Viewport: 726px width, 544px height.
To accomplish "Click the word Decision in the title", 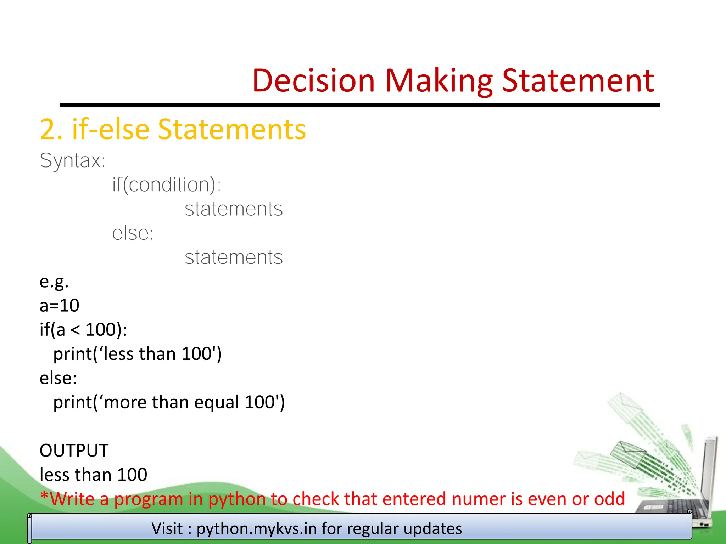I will [x=313, y=81].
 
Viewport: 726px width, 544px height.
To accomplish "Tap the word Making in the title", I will [x=439, y=81].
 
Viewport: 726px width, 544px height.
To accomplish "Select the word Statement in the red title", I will [x=578, y=81].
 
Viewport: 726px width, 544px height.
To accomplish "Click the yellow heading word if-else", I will [x=111, y=129].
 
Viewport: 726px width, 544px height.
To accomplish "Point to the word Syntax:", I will [x=73, y=161].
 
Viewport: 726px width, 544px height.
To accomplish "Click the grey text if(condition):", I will [x=167, y=185].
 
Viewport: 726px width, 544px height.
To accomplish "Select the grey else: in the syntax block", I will [x=133, y=233].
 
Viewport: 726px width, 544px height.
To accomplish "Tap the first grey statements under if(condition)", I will [x=234, y=209].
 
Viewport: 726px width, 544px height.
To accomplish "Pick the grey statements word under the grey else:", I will [x=234, y=257].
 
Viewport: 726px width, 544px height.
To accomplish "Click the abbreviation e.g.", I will [x=54, y=282].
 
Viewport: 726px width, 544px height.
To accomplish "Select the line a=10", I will [x=59, y=305].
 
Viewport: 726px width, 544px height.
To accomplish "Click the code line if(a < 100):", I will [x=83, y=330].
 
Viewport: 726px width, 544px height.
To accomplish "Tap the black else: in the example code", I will [x=58, y=378].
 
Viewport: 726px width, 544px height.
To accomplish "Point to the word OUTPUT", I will [x=74, y=451].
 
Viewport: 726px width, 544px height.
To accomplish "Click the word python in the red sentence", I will [x=237, y=499].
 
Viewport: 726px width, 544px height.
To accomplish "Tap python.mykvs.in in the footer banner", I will [x=257, y=529].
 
